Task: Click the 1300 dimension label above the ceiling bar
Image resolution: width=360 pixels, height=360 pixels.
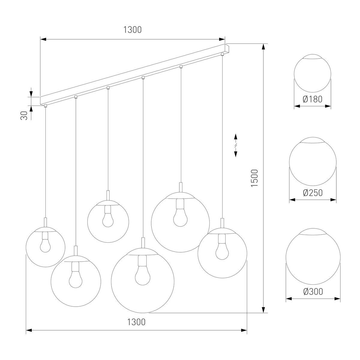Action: (x=133, y=30)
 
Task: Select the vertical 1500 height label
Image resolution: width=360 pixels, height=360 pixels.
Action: (x=255, y=178)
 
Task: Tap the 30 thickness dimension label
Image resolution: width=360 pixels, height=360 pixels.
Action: (x=24, y=115)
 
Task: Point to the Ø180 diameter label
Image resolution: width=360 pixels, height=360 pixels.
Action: (x=313, y=99)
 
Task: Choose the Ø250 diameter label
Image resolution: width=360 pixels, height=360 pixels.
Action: (x=313, y=193)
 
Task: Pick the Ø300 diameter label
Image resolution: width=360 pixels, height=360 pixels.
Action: (x=313, y=292)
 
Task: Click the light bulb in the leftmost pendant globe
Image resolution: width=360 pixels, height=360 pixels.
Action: (x=45, y=242)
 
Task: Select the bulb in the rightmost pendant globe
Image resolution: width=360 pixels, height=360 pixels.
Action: (x=222, y=247)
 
